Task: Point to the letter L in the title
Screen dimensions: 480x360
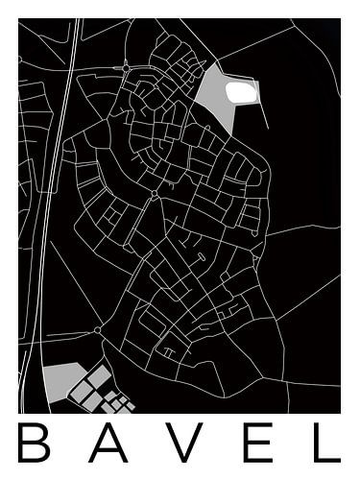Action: point(326,443)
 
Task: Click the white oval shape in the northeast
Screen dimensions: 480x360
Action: point(241,91)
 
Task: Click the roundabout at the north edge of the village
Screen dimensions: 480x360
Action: point(126,67)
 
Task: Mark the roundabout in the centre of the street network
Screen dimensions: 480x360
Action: point(154,194)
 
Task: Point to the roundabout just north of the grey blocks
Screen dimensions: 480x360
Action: point(97,330)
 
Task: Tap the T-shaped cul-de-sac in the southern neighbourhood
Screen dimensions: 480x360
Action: point(169,351)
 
